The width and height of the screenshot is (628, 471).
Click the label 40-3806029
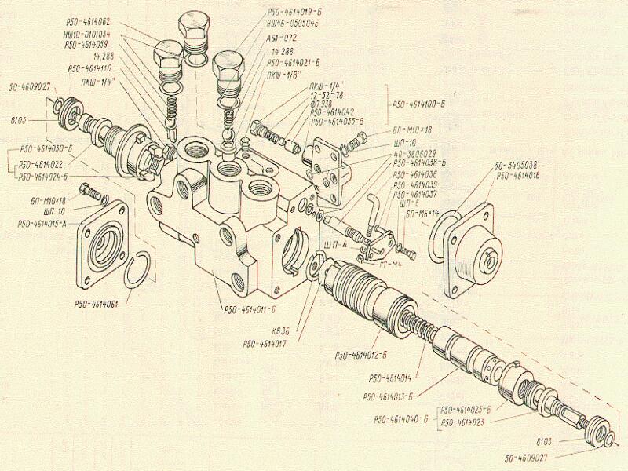tap(417, 154)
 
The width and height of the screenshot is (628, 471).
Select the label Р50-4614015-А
tap(48, 224)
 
